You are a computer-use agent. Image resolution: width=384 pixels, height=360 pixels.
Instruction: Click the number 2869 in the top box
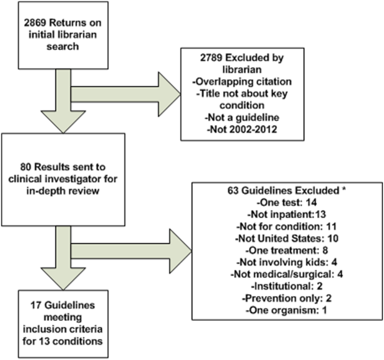pos(35,23)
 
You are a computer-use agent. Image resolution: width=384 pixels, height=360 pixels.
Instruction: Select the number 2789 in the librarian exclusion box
pos(211,58)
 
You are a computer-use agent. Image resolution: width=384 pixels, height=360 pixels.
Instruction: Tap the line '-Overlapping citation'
pos(242,82)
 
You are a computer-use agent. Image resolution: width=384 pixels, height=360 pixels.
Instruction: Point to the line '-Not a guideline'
pos(242,118)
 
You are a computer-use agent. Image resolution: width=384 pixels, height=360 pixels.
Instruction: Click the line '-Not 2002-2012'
pos(242,130)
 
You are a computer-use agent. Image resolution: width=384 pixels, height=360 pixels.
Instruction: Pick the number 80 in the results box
pos(26,167)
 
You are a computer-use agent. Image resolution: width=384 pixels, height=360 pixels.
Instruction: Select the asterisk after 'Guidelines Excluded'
pos(344,190)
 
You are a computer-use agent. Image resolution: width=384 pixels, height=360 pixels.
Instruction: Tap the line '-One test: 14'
pos(287,203)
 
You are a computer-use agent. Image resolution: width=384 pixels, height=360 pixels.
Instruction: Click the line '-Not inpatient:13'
pos(287,214)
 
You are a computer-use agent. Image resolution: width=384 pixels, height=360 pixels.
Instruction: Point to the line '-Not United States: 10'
pos(287,239)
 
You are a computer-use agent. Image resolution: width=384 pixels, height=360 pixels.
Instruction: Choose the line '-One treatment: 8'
pos(287,250)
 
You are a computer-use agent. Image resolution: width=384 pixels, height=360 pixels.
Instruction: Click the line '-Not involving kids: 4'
pos(287,263)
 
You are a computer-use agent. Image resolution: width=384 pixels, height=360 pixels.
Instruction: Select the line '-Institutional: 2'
pos(287,286)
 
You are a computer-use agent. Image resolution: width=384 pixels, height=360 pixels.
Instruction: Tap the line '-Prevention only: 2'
pos(287,299)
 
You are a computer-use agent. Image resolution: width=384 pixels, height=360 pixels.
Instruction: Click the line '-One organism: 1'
pos(287,310)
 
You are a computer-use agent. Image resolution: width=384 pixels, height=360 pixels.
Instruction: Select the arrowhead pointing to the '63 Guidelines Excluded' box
pos(181,251)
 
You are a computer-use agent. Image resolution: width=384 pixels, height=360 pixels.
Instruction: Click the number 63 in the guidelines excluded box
pos(233,191)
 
